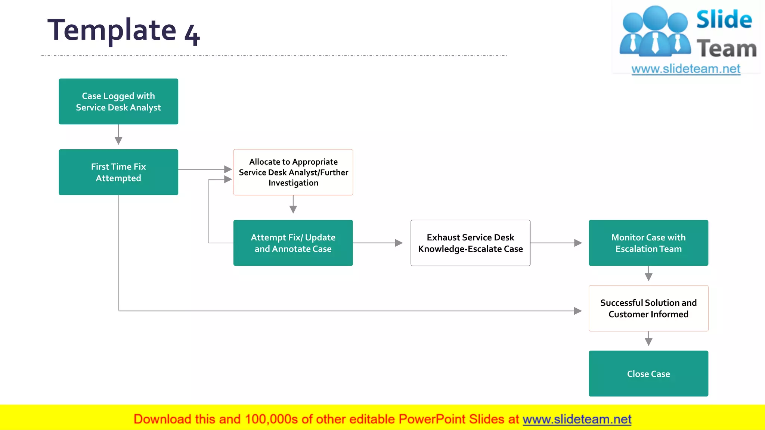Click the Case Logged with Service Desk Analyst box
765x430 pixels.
click(x=118, y=102)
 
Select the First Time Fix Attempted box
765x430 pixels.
click(x=118, y=172)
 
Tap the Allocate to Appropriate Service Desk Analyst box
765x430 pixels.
click(x=293, y=172)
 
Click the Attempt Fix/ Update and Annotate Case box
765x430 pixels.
click(x=293, y=243)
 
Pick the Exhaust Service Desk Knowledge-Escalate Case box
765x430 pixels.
click(x=470, y=243)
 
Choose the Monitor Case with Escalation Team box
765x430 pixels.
click(x=648, y=243)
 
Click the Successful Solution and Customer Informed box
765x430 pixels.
click(x=648, y=308)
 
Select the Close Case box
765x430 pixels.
click(x=648, y=374)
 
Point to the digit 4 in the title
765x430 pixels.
click(x=192, y=35)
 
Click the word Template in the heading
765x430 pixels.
click(x=112, y=30)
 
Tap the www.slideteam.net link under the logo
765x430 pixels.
click(x=686, y=69)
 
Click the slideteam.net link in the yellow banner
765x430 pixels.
click(x=577, y=419)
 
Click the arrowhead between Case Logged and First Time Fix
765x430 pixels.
click(x=118, y=141)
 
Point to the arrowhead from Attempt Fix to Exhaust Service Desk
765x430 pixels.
click(x=399, y=243)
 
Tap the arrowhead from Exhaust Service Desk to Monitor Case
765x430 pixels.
click(x=578, y=243)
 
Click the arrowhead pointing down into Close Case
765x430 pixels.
click(x=648, y=342)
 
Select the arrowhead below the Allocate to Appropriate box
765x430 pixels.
click(x=293, y=209)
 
